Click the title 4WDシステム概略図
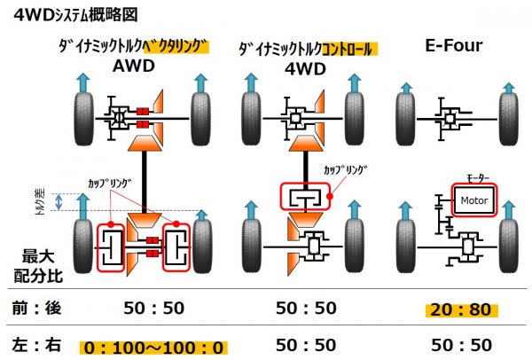click(75, 15)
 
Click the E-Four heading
click(454, 46)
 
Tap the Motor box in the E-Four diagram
click(474, 200)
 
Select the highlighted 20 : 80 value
click(461, 310)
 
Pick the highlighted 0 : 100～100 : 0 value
click(153, 348)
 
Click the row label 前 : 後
click(36, 308)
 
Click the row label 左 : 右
click(36, 345)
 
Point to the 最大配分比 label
click(38, 266)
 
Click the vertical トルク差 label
click(40, 202)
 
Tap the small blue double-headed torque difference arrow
click(59, 202)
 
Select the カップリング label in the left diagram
click(110, 184)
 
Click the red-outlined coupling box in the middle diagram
click(305, 197)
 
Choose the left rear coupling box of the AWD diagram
click(111, 247)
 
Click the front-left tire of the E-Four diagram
click(405, 119)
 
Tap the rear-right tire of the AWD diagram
click(202, 246)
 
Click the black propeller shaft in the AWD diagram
click(145, 182)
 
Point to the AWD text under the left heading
click(134, 66)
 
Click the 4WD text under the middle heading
click(305, 69)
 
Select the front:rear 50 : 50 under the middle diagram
click(306, 308)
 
